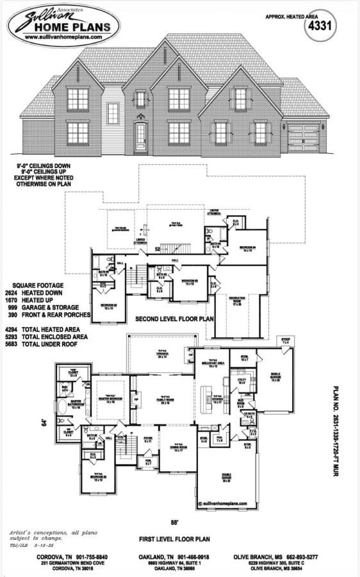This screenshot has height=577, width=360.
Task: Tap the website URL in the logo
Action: click(x=63, y=38)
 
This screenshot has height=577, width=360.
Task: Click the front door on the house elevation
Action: click(x=140, y=136)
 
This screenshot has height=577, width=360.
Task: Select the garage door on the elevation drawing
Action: click(x=303, y=138)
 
